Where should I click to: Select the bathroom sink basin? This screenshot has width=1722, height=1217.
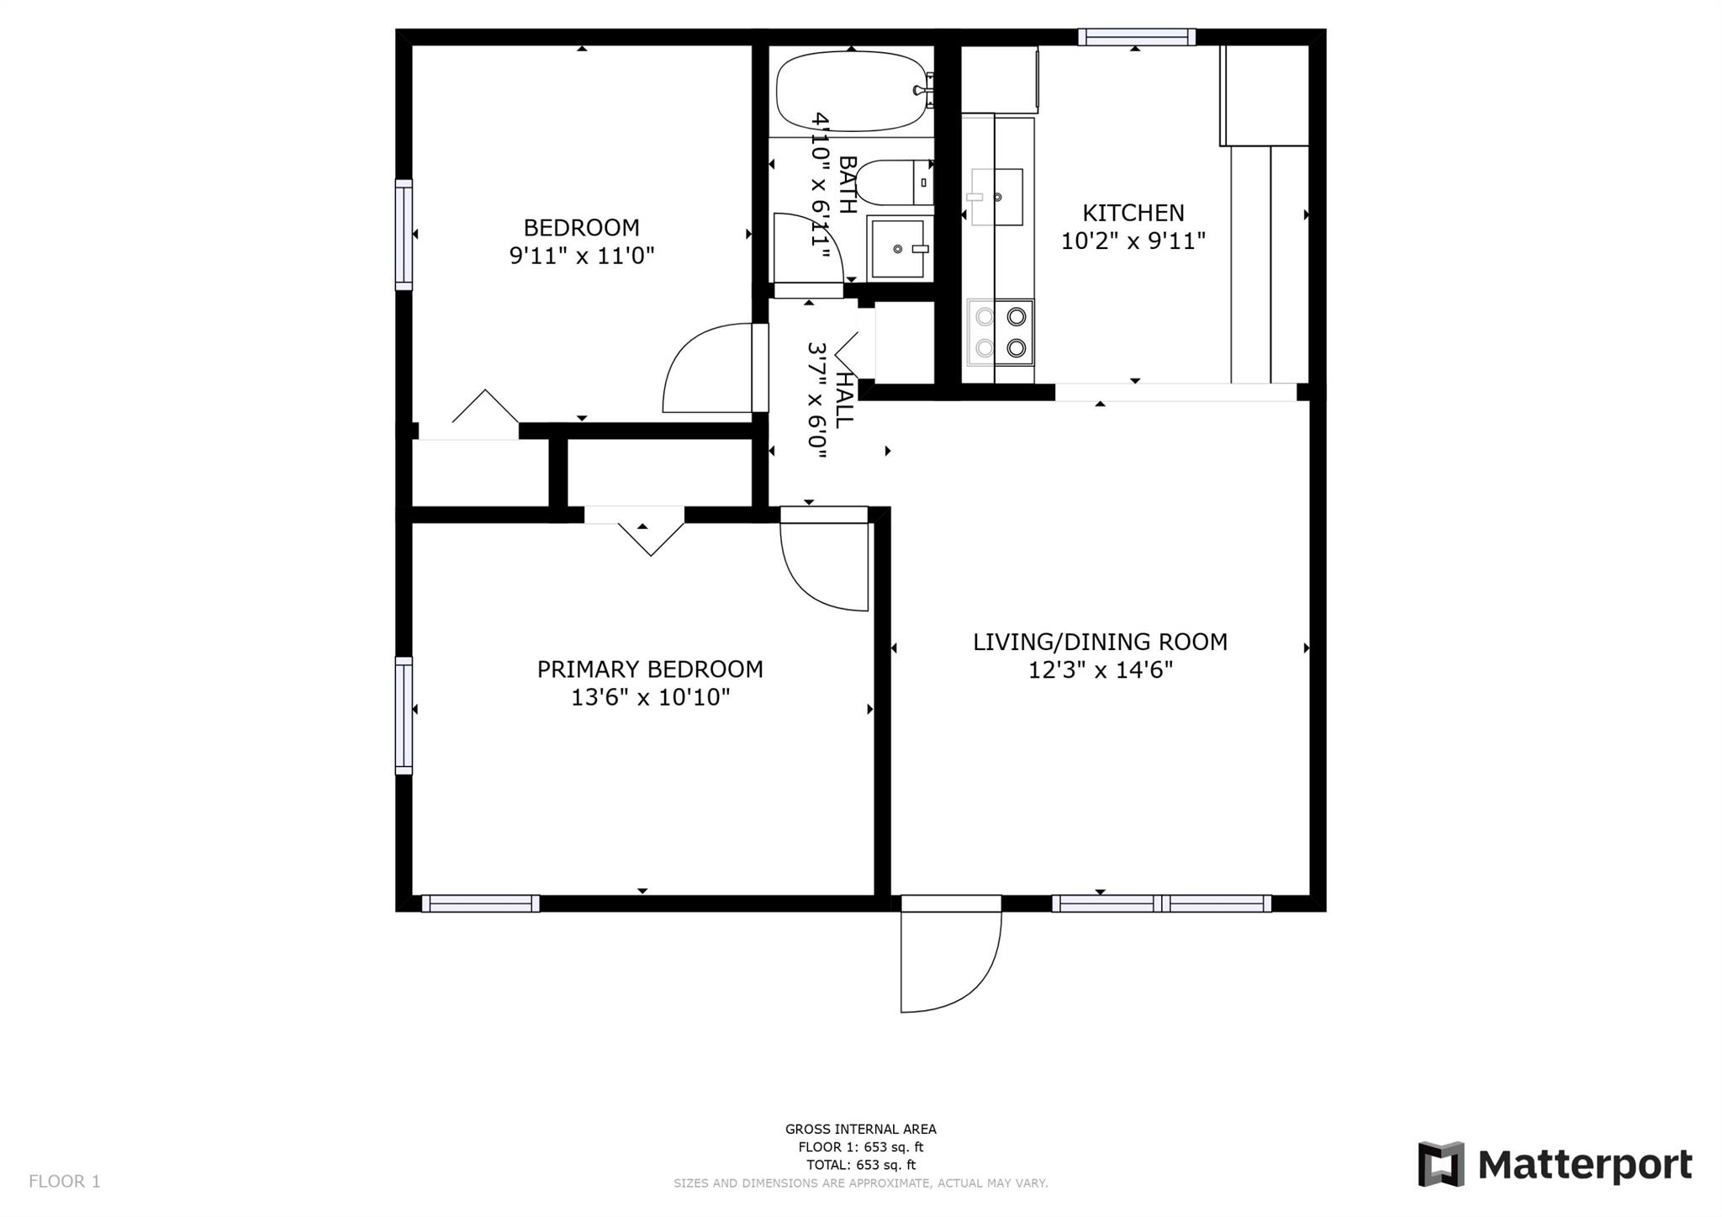[x=900, y=248]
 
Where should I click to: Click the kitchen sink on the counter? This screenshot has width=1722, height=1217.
[x=997, y=197]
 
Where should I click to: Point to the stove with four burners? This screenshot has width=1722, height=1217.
[x=1001, y=332]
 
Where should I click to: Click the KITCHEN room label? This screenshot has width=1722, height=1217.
[x=1133, y=213]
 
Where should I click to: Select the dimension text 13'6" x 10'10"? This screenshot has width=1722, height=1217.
[x=650, y=697]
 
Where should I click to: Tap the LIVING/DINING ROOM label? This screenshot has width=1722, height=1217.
[x=1100, y=642]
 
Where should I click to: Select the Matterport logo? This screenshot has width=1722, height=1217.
[x=1555, y=1165]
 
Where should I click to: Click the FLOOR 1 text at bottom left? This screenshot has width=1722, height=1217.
[x=65, y=1181]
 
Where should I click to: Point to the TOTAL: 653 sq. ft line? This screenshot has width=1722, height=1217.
[x=860, y=1165]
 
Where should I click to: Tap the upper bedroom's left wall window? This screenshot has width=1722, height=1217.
[x=404, y=235]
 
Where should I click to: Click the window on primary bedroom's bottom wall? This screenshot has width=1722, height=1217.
[x=480, y=903]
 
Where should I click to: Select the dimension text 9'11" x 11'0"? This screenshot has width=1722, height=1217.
[x=582, y=256]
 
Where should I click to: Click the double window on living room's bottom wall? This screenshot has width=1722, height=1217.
[x=1161, y=903]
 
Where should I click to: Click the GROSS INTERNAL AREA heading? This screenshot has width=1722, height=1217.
[x=860, y=1130]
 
